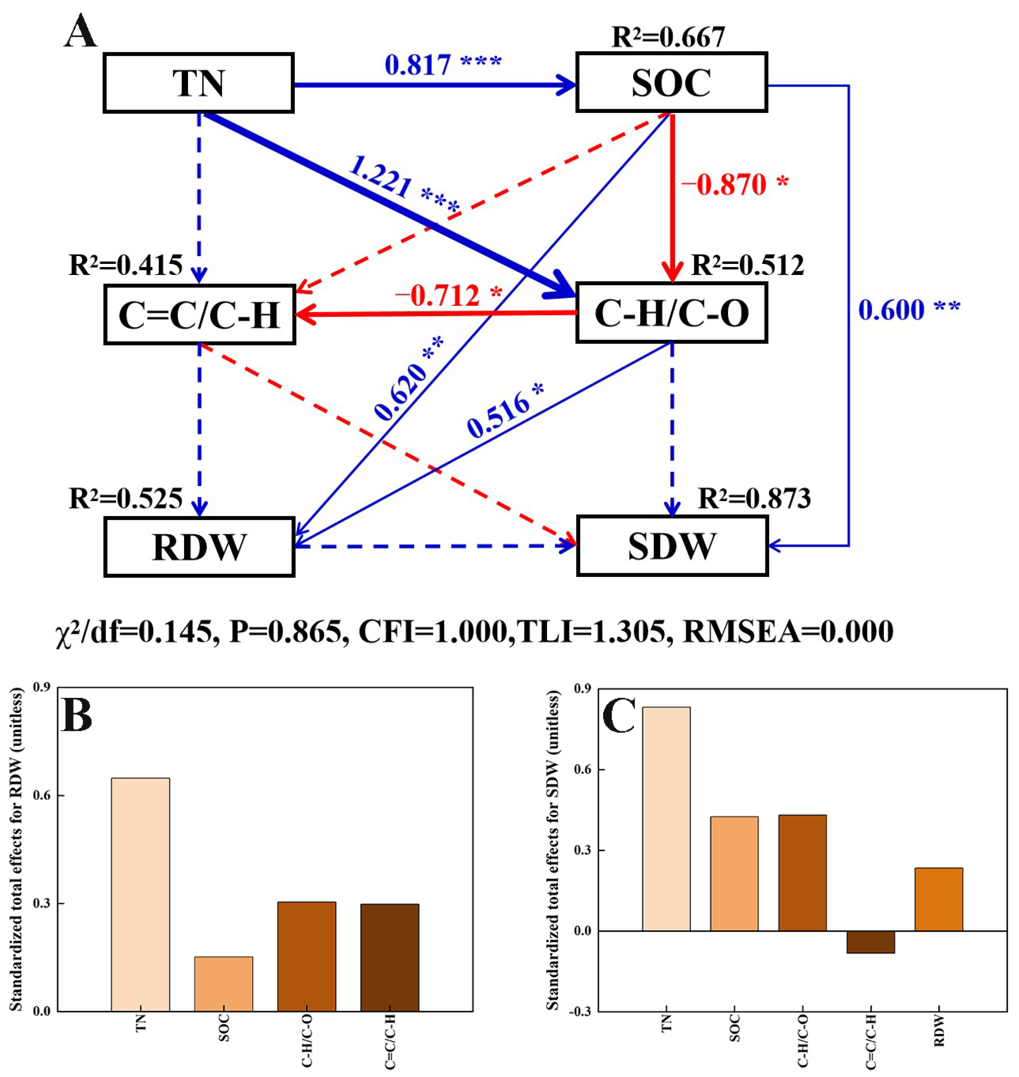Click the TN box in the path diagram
tap(198, 83)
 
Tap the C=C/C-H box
tap(199, 315)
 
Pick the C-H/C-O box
tap(672, 313)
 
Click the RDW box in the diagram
tap(199, 547)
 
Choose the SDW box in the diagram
tap(672, 546)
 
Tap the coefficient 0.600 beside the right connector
tap(891, 310)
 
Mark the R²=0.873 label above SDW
tap(754, 499)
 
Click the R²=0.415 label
tap(125, 265)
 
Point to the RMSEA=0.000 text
tap(787, 631)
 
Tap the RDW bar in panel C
tap(939, 899)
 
